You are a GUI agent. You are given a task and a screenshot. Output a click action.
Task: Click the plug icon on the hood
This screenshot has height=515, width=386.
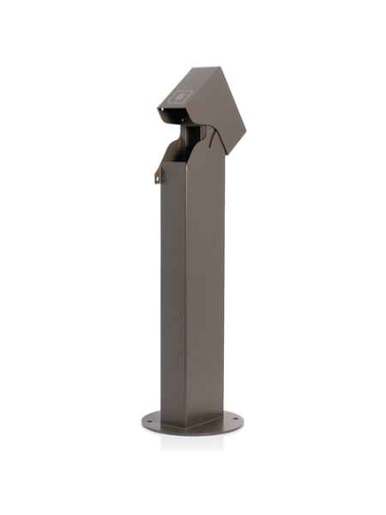[180, 97]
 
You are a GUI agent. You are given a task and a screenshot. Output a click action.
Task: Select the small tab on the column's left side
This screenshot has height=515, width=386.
[158, 175]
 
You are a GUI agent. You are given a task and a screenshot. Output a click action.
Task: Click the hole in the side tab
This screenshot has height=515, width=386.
[158, 177]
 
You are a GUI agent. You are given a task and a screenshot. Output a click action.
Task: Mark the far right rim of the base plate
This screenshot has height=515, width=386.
[243, 421]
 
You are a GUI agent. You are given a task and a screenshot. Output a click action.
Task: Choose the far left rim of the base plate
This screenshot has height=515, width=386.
[142, 421]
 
